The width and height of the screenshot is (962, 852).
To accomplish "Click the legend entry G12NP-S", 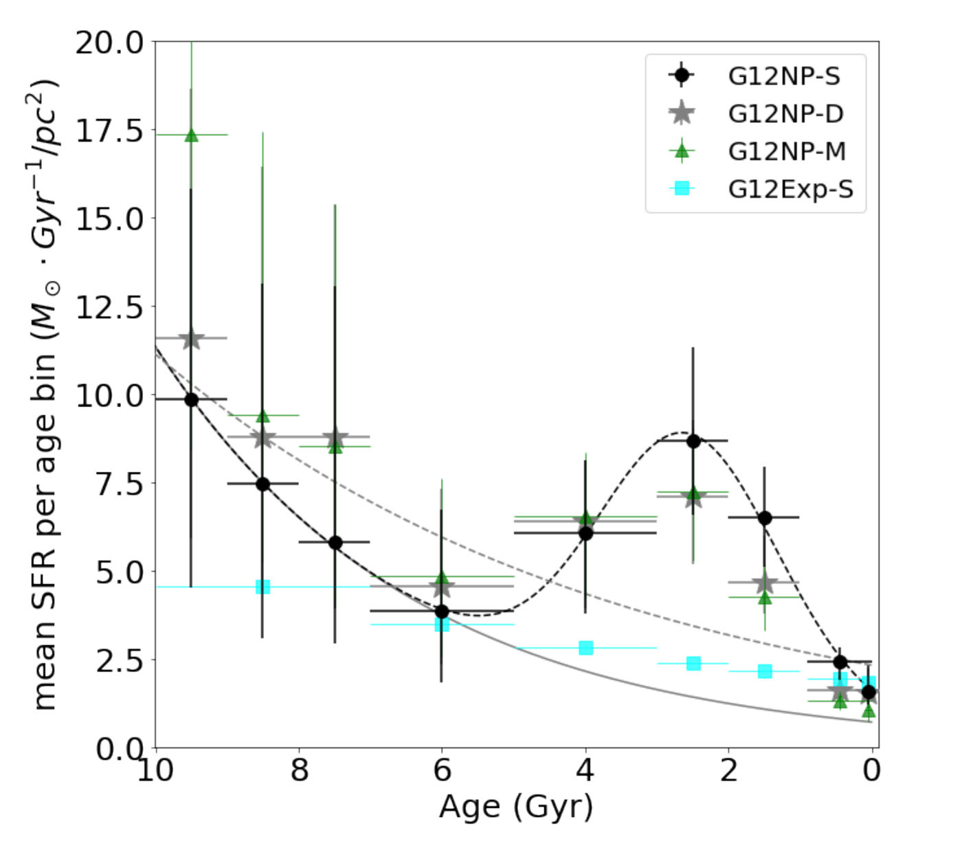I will coord(783,76).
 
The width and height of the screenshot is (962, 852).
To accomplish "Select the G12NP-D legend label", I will coord(785,113).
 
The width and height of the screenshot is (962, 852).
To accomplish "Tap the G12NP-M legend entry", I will coord(787,151).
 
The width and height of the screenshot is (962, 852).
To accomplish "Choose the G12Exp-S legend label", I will coord(790,188).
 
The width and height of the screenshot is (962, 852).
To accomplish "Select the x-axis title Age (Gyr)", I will coord(516,807).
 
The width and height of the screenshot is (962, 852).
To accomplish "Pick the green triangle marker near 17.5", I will coord(192,135).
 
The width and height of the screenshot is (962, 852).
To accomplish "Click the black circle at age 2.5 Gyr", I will coord(693,441).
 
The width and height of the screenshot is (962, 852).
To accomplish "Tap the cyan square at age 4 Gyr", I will coord(585,648).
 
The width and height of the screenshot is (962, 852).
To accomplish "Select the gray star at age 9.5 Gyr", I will coord(192,338).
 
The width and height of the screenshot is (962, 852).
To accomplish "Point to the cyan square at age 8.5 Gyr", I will coord(262,587).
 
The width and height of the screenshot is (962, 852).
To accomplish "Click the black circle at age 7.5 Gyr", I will coord(335,543).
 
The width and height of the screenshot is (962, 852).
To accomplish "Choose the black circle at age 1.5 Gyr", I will coord(764,518).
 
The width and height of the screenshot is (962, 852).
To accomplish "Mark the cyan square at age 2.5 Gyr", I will coord(693,664).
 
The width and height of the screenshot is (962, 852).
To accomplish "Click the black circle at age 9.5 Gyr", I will coord(192,400).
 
